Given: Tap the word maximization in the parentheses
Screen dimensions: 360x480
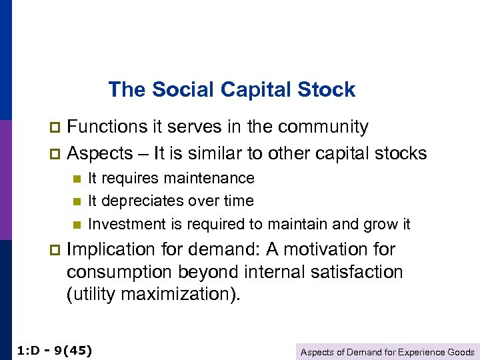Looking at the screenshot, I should click(183, 295).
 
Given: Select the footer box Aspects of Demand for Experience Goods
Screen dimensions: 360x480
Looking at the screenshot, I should click(387, 352).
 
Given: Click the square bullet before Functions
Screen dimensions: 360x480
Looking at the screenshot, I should click(55, 127).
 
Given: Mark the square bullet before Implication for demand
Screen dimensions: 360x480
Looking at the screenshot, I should click(55, 250).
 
